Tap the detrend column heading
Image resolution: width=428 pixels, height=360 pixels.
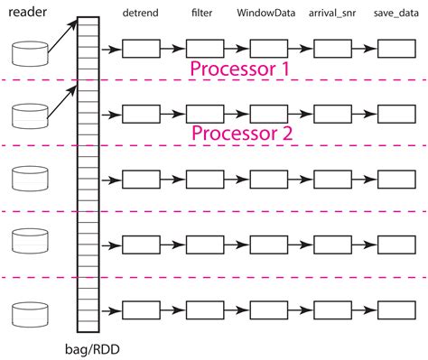pos(140,14)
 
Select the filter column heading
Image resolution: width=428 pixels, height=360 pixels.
pos(203,14)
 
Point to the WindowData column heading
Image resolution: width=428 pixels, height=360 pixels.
pos(266,14)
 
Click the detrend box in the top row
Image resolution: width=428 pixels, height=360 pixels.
pos(141,49)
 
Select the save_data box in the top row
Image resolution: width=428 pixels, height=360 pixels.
pos(395,49)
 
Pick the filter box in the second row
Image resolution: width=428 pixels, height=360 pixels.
pos(204,114)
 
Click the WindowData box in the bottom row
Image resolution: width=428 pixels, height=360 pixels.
pos(268,309)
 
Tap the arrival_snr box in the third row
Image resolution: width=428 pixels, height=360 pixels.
pos(331,179)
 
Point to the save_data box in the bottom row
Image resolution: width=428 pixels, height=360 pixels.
pos(395,309)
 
